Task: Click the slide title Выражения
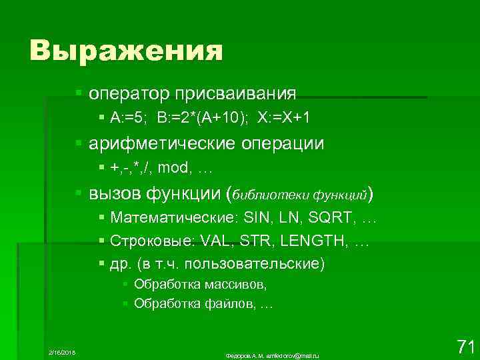(x=126, y=50)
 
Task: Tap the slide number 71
(x=465, y=346)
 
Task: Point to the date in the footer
(x=63, y=351)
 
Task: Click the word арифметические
(x=158, y=143)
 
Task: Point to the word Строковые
(x=153, y=240)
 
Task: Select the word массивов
(x=238, y=285)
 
